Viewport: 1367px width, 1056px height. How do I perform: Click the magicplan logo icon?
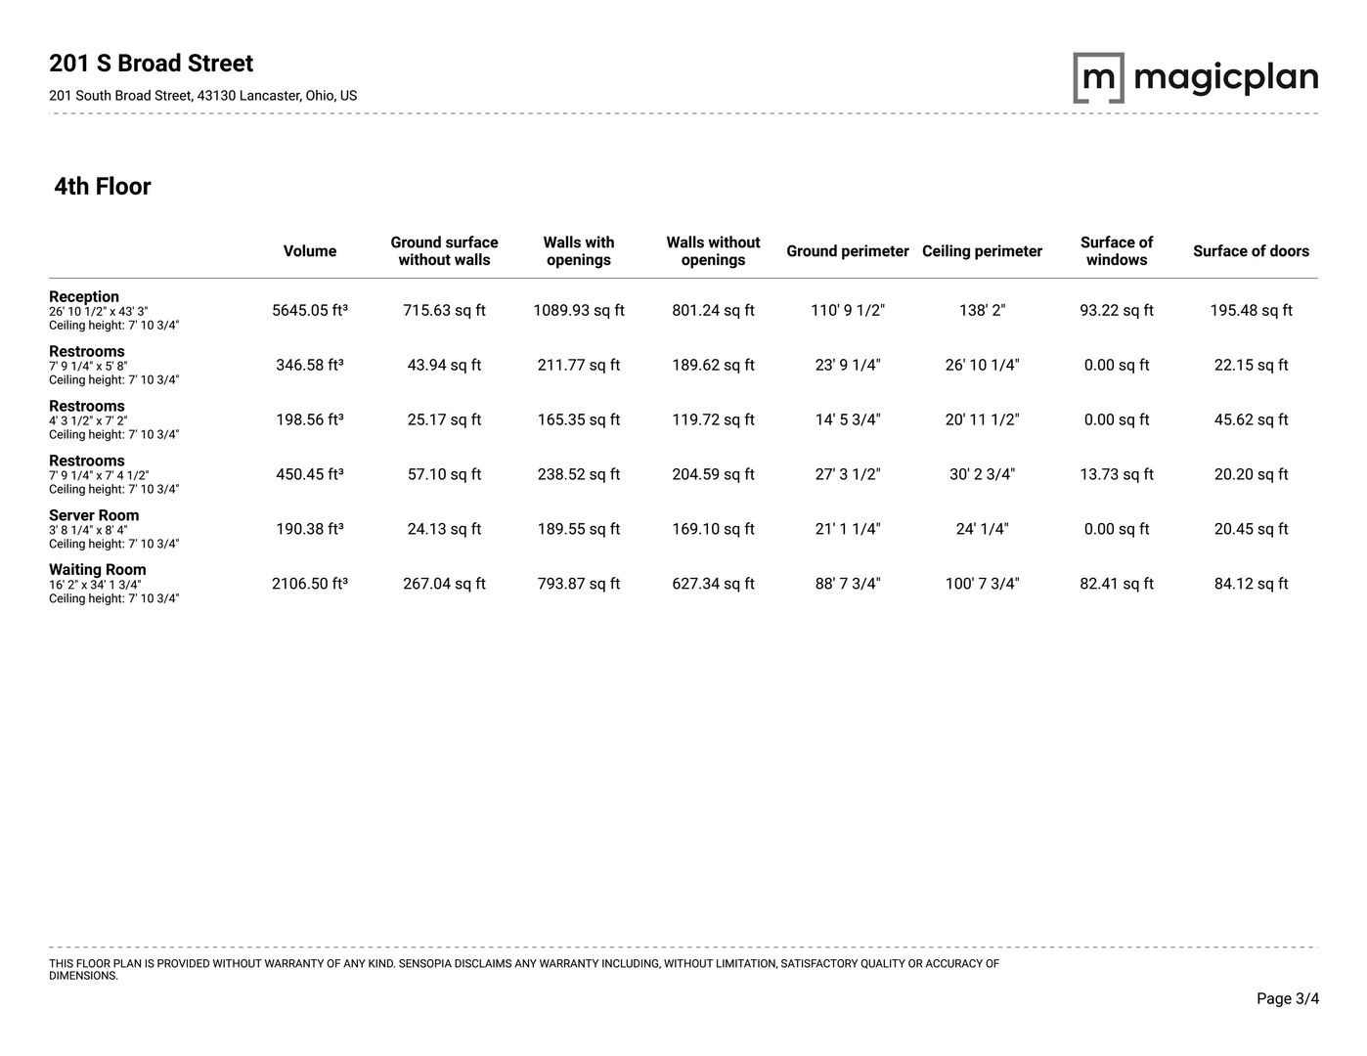(1098, 78)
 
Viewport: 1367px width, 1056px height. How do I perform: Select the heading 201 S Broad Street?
(151, 64)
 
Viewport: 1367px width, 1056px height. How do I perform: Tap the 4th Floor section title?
(103, 187)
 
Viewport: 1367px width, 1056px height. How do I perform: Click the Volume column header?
(310, 251)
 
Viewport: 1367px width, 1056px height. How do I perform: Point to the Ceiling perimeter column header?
(982, 251)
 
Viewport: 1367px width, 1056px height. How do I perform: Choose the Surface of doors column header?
(1251, 251)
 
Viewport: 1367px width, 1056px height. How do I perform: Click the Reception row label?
(84, 297)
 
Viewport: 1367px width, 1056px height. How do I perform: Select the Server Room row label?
(94, 515)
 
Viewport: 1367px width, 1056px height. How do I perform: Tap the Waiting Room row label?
(98, 570)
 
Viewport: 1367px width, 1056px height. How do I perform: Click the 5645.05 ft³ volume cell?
(310, 311)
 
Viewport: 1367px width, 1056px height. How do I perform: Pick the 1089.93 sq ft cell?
(579, 311)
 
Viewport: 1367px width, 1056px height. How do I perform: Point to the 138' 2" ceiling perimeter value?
(982, 311)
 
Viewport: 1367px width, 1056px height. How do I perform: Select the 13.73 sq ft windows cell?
(1117, 474)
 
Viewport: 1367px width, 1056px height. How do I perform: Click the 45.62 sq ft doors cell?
(1251, 419)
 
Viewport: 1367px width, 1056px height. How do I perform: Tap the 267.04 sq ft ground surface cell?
(444, 584)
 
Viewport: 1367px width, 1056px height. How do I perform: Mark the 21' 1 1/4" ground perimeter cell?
(848, 529)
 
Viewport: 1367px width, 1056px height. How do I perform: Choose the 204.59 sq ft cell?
(713, 474)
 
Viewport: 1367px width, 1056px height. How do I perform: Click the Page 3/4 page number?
(1288, 998)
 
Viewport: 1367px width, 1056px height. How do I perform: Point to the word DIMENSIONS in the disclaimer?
(83, 976)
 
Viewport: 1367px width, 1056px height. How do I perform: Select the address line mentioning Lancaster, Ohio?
(202, 96)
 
